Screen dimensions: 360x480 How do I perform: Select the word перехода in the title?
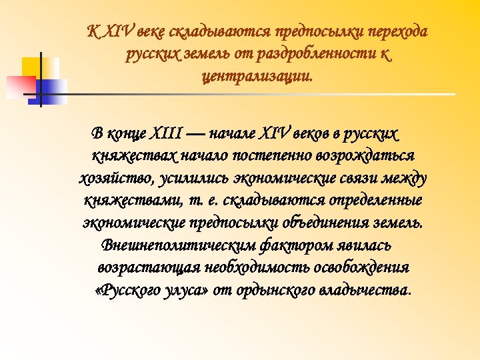click(x=399, y=32)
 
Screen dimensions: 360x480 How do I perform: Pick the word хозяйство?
click(x=117, y=178)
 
